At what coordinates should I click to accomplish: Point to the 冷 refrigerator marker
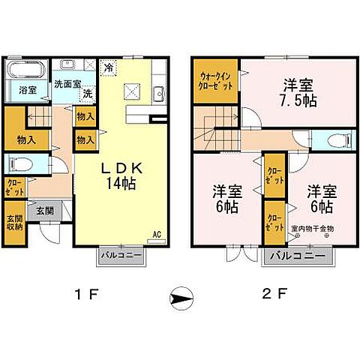click(109, 66)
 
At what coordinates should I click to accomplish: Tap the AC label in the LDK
click(157, 234)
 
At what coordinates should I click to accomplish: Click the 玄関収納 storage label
click(16, 222)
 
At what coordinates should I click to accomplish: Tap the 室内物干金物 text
click(312, 229)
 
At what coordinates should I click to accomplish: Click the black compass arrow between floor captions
click(181, 298)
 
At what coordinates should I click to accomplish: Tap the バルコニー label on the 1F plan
click(121, 254)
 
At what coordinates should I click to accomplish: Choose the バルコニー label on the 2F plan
click(296, 256)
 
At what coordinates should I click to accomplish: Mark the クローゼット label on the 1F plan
click(15, 185)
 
